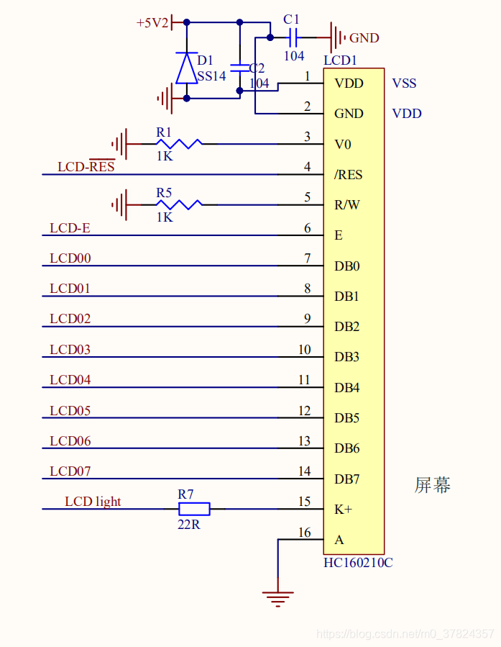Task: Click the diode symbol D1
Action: point(187,68)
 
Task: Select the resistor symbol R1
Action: point(179,144)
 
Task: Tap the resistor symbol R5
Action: point(179,204)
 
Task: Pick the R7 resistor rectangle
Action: point(194,510)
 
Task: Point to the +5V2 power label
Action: point(152,23)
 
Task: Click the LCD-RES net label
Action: point(86,167)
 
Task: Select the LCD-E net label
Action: point(70,228)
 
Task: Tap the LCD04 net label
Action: point(70,380)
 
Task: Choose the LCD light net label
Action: point(93,502)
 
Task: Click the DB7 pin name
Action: point(347,479)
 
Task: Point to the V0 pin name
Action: point(343,145)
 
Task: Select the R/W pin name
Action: point(347,205)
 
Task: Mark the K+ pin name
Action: point(344,510)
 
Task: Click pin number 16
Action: point(305,533)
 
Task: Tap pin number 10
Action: point(305,350)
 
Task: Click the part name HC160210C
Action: point(358,563)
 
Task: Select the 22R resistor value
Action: point(189,525)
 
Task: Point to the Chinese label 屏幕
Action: point(433,485)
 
